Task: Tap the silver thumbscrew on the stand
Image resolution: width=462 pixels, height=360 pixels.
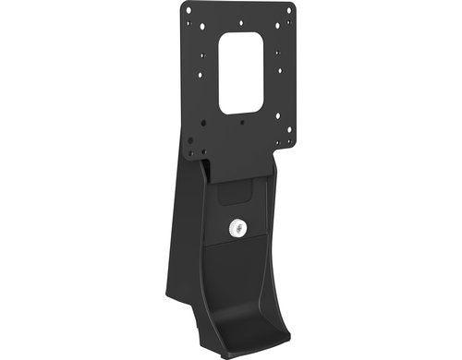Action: click(238, 225)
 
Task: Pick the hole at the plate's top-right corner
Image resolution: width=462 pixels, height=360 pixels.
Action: click(288, 10)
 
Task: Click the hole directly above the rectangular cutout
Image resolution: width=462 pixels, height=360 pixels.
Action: click(240, 22)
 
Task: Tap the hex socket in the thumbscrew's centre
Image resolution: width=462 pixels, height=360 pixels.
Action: click(238, 225)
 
